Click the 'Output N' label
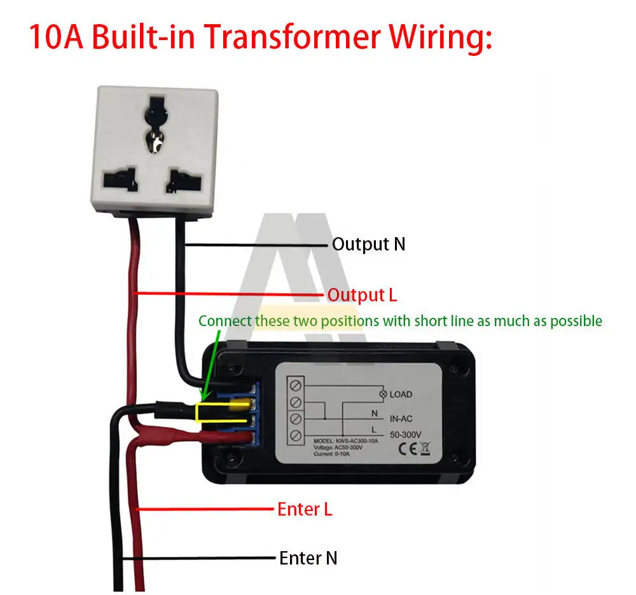[369, 244]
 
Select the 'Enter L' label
[305, 509]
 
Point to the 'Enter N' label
[308, 558]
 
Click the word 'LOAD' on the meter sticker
[401, 394]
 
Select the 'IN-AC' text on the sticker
[401, 420]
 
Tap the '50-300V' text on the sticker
[404, 435]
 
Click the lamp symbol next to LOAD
[383, 394]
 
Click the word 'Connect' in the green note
[225, 321]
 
